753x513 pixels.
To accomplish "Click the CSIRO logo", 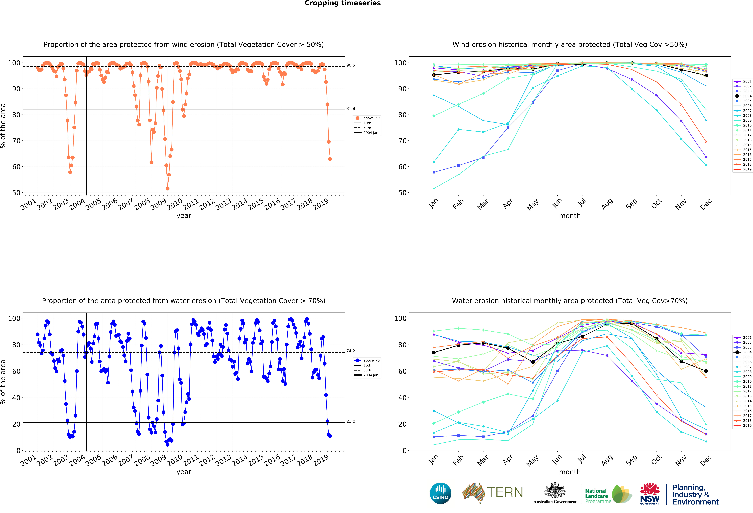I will [440, 493].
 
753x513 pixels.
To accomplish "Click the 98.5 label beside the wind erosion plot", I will [351, 65].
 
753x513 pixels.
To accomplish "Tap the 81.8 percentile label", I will [351, 109].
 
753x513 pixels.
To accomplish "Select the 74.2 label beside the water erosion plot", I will [351, 351].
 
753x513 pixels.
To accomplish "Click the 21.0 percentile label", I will [351, 421].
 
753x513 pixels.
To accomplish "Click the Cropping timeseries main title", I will [342, 3].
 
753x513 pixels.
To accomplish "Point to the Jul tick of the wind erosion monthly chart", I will [582, 203].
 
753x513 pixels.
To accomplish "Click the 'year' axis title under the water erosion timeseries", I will [184, 472].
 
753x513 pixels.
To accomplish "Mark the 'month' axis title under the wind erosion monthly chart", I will [570, 216].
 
